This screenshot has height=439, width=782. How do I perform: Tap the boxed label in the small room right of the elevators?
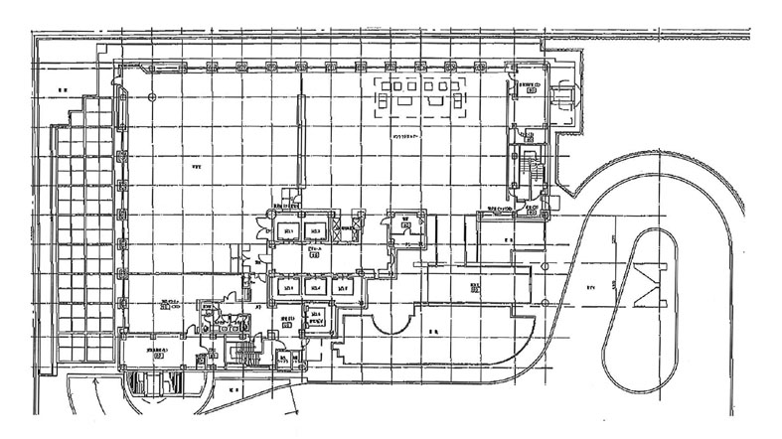coord(406,226)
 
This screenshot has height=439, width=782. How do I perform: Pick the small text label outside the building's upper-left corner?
coord(62,90)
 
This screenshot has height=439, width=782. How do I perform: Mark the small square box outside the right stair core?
coord(533,210)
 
